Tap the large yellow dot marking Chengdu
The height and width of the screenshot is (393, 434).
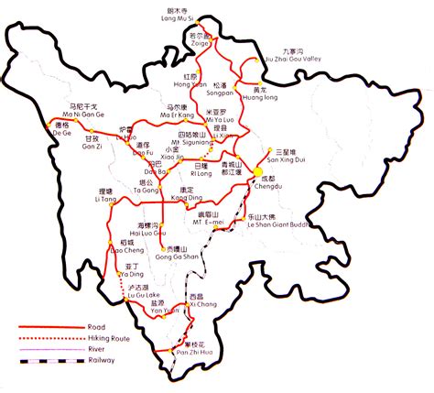(259, 171)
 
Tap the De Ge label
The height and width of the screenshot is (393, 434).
(62, 133)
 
